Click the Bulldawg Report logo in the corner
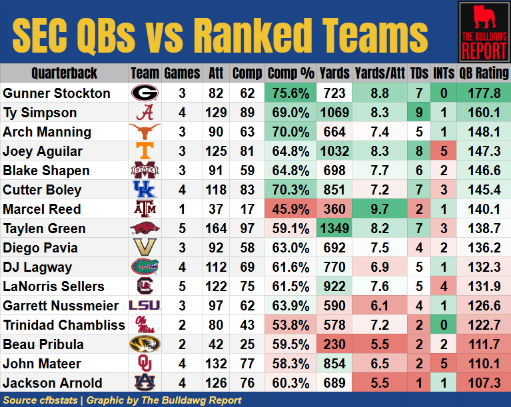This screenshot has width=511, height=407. point(483,31)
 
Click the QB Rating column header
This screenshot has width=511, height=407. point(483,73)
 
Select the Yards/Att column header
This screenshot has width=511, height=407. point(381,73)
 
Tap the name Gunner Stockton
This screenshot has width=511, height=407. point(57,93)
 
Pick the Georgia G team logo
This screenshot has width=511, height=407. point(144,93)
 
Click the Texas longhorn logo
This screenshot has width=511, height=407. point(144,131)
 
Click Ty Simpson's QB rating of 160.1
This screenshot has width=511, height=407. point(483,112)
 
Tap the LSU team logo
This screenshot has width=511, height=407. point(144,306)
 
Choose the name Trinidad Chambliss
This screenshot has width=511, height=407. point(64,325)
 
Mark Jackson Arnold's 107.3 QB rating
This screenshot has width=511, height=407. point(483,383)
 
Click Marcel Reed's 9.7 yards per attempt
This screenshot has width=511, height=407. point(381,208)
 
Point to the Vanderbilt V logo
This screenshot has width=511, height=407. point(144,248)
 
